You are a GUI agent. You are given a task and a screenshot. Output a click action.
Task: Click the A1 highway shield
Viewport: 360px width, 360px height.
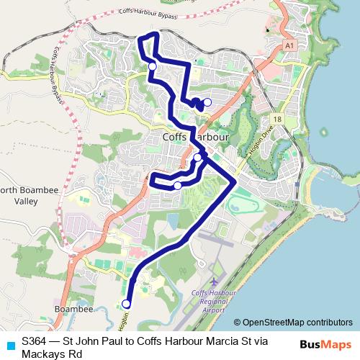click(289, 45)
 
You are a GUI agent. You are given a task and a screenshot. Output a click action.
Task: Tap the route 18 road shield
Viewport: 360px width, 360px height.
click(277, 119)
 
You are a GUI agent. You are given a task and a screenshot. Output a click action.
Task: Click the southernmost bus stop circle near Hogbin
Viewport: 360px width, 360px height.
click(127, 303)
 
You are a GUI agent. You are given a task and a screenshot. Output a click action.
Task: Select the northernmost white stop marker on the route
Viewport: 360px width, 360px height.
click(152, 66)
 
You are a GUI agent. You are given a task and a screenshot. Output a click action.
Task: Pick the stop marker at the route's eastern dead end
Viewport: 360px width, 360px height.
click(207, 102)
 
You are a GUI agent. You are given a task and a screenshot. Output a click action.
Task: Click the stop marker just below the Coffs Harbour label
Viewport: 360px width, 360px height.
click(197, 157)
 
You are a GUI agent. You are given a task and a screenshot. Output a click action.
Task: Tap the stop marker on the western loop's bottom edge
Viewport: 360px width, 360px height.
click(177, 186)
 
